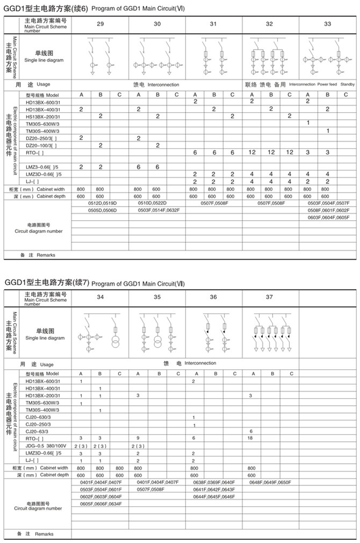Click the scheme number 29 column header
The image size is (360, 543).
pos(100,24)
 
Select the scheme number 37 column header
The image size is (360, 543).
pos(269,297)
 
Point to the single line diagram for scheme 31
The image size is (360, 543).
pos(213,58)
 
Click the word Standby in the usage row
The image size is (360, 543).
pos(347,84)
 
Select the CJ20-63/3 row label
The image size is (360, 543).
pos(40,431)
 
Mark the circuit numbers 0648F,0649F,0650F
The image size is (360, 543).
pos(270,482)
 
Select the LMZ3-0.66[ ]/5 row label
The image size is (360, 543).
pos(43,167)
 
